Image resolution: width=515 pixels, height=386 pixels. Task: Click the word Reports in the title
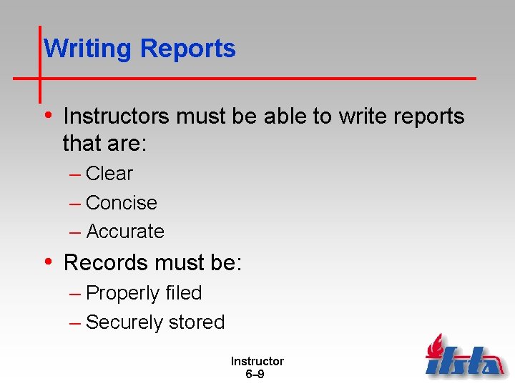pyautogui.click(x=188, y=49)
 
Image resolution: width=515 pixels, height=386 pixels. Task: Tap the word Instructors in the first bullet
pyautogui.click(x=115, y=117)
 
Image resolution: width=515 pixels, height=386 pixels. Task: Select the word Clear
pyautogui.click(x=109, y=174)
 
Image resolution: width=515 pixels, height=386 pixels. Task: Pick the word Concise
pyautogui.click(x=121, y=203)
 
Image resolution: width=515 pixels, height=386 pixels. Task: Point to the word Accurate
pyautogui.click(x=125, y=232)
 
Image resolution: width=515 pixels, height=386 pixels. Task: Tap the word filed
pyautogui.click(x=183, y=293)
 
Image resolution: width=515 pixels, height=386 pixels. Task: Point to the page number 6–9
pyautogui.click(x=255, y=374)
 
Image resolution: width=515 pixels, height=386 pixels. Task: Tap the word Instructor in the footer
pyautogui.click(x=257, y=362)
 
